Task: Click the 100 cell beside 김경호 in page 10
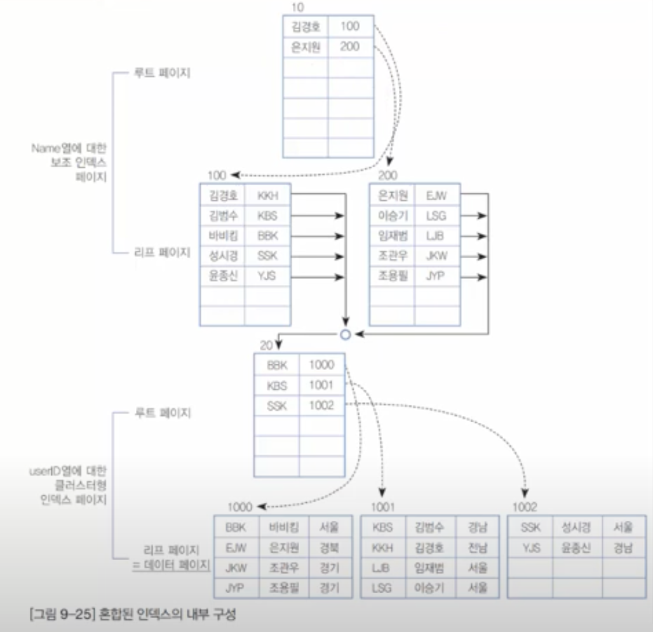pos(350,26)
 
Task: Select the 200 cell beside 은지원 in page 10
pos(350,46)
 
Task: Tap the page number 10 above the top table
pos(296,8)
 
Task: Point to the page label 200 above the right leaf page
pos(387,175)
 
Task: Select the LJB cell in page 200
pos(436,236)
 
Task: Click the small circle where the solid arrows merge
pos(346,334)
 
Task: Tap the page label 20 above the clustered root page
pos(267,345)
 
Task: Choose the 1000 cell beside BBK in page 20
pos(321,365)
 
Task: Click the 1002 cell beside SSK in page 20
pos(321,406)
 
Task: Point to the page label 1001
pos(383,507)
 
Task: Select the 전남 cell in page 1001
pos(477,547)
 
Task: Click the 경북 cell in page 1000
pos(329,547)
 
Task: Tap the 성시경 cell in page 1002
pos(576,527)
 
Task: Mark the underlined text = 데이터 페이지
pos(171,564)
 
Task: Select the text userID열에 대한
pos(69,471)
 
